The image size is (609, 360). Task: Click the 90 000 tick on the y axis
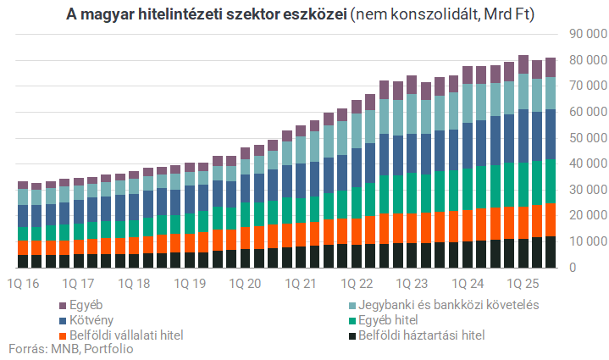(584, 34)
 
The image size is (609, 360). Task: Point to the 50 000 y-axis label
(584, 138)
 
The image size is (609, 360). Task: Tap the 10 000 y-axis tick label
(584, 241)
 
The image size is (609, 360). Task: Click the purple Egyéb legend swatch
(64, 304)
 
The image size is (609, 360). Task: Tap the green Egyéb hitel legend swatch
(353, 320)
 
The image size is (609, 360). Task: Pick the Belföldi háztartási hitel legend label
(424, 335)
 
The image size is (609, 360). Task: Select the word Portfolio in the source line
(108, 349)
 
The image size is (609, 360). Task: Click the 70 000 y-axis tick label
(584, 86)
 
